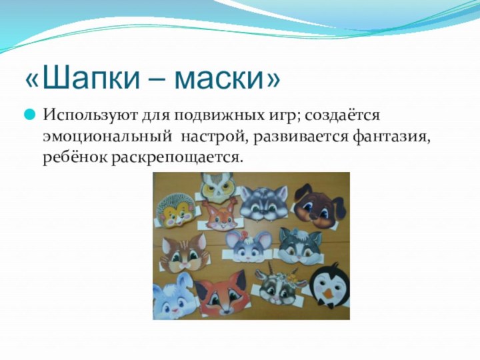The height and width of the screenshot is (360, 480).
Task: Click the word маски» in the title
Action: [227, 79]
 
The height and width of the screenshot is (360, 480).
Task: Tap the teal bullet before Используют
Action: [30, 115]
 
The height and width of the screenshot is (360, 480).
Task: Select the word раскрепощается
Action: [176, 157]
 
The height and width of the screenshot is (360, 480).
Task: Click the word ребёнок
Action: [76, 157]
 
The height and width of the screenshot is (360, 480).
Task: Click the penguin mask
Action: [327, 288]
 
